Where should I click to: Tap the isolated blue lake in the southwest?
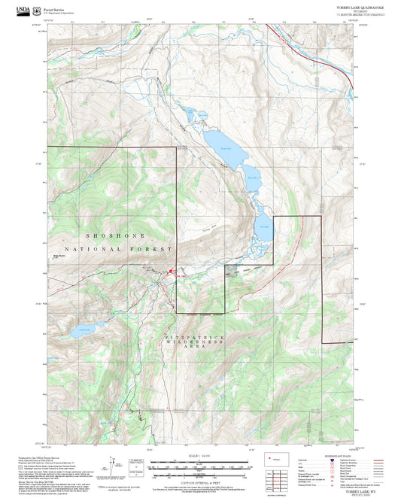(x=84, y=329)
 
